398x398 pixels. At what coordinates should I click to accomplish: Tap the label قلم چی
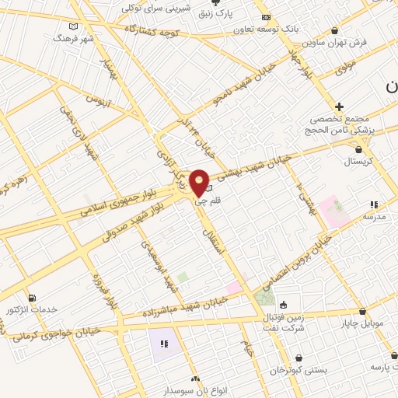pos(200,201)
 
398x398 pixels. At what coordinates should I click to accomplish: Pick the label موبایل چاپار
pos(357,322)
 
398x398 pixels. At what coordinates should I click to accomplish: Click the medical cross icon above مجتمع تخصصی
pos(339,106)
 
